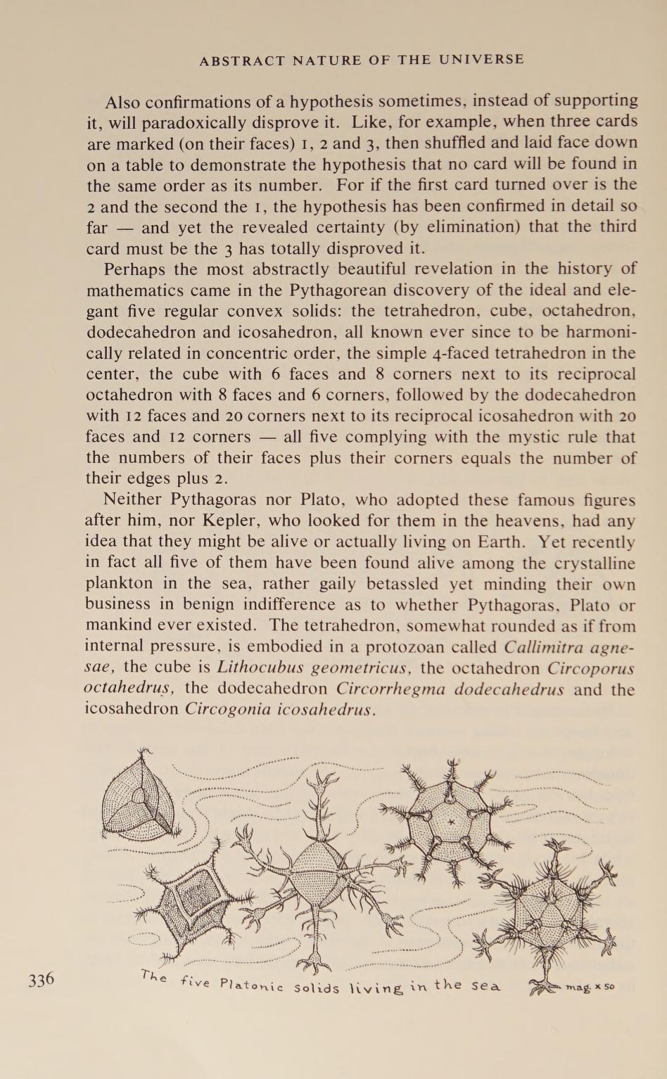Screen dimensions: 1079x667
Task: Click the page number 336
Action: (42, 978)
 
